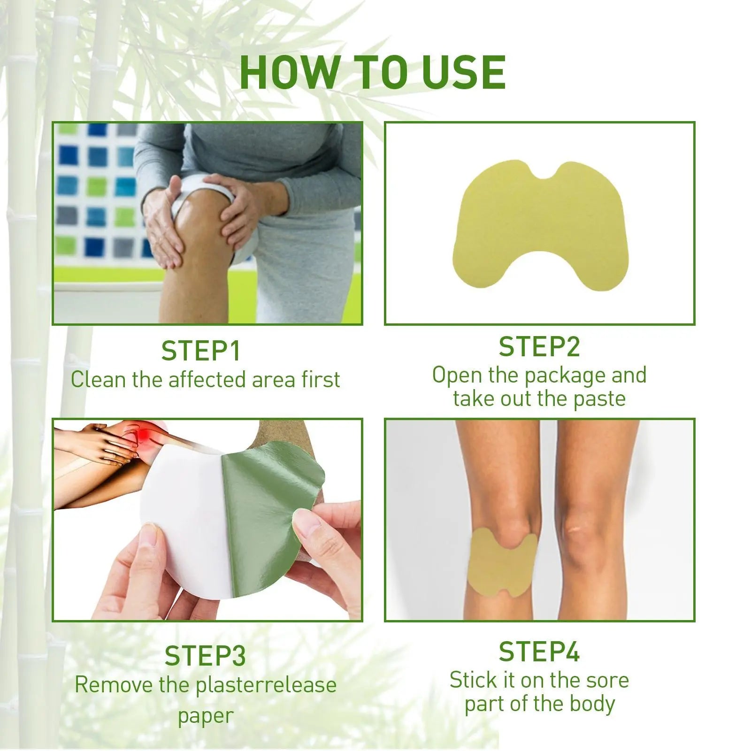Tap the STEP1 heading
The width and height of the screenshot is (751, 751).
(x=201, y=351)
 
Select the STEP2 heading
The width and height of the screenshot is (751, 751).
(x=539, y=347)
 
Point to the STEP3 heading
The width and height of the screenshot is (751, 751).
(x=205, y=656)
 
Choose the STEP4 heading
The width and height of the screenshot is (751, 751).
(x=539, y=652)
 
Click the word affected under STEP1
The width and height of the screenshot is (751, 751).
(x=207, y=380)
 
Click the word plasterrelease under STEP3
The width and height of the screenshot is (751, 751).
(x=266, y=685)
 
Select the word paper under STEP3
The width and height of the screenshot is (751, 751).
(x=205, y=716)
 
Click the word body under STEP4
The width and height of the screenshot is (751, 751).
(x=593, y=704)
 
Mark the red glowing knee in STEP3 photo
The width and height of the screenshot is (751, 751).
(x=141, y=434)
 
